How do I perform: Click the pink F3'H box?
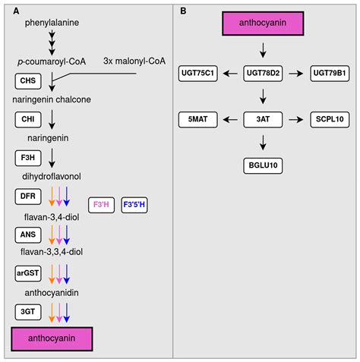tap(101, 204)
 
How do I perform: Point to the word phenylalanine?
tap(52, 22)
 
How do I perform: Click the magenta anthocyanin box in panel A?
tap(52, 338)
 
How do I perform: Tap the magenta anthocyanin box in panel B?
tap(263, 24)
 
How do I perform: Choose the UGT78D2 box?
tap(263, 73)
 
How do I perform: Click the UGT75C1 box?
tap(198, 73)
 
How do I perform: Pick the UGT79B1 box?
tap(328, 73)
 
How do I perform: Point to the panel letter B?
tap(183, 11)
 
